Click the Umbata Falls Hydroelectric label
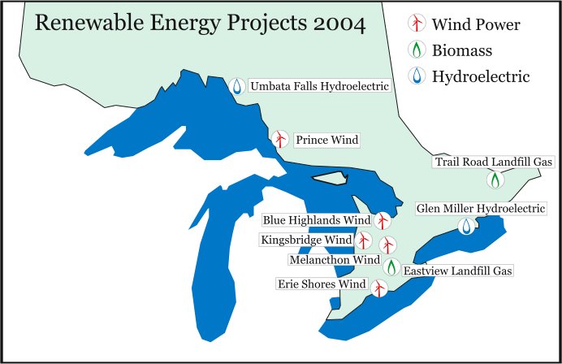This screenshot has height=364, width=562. click(x=318, y=85)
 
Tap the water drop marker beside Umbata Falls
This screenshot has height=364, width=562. click(x=236, y=84)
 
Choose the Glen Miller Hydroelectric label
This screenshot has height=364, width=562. click(x=481, y=209)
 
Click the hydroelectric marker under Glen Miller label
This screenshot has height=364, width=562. click(x=466, y=227)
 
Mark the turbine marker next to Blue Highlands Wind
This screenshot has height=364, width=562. click(x=384, y=220)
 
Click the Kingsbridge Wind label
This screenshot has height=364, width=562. click(x=306, y=240)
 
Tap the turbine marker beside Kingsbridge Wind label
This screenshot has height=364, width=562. click(x=364, y=240)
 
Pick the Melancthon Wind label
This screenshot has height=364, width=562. click(x=335, y=260)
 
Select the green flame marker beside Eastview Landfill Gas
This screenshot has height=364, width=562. click(x=391, y=266)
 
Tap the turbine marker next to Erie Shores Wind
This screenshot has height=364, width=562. click(x=378, y=287)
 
